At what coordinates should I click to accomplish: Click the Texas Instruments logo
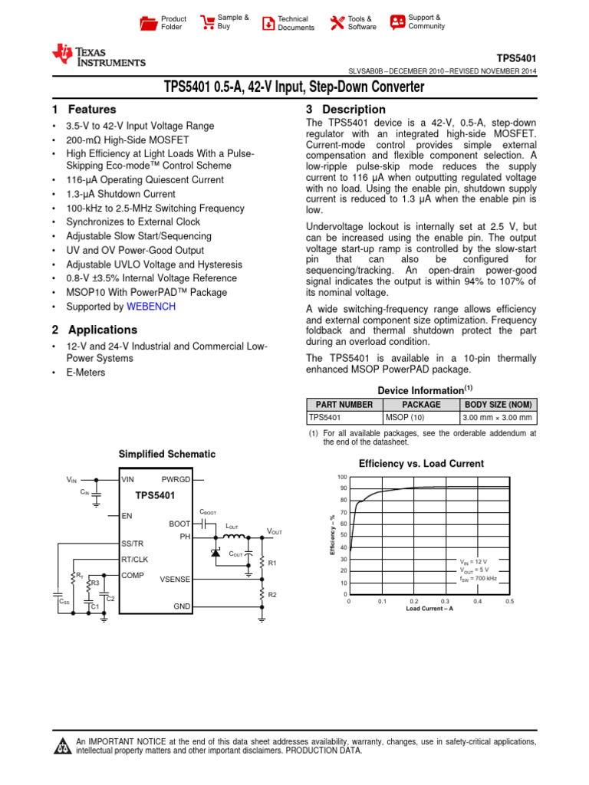tap(97, 56)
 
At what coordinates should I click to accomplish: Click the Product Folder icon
tap(148, 22)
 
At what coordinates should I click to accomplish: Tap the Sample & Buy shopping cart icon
tap(207, 22)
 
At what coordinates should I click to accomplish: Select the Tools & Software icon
tap(337, 22)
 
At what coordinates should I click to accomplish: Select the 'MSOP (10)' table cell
tap(404, 418)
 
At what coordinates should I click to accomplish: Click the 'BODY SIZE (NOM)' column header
tap(498, 405)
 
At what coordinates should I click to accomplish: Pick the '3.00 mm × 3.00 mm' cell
tap(498, 418)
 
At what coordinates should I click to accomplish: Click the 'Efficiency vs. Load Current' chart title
tap(421, 463)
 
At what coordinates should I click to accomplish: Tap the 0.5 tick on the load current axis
tap(509, 602)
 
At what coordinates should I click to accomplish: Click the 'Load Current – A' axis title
tap(429, 609)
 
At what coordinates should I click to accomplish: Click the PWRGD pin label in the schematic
tap(176, 479)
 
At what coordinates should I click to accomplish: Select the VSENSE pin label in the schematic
tap(176, 580)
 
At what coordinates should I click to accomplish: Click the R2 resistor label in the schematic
tap(272, 595)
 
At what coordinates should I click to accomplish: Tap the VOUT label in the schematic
tap(274, 531)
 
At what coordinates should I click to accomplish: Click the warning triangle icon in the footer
tap(61, 747)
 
